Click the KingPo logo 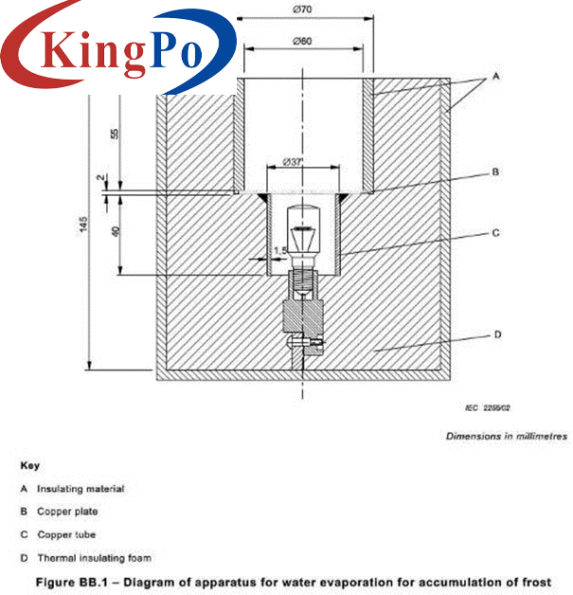pos(118,48)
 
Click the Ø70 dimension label pos(303,9)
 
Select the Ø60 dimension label pos(303,41)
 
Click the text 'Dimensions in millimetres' pos(507,436)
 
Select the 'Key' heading pos(27,465)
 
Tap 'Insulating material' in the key pos(80,489)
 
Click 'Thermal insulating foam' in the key pos(93,558)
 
